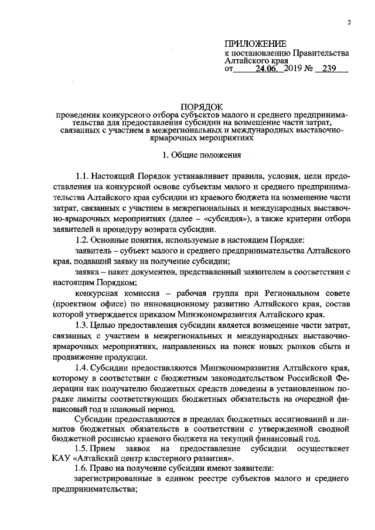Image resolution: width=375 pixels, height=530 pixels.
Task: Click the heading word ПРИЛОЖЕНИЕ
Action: [x=256, y=44]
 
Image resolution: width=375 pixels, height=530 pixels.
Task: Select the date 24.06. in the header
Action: [x=268, y=69]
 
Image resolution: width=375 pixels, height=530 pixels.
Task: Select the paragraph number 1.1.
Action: [x=84, y=176]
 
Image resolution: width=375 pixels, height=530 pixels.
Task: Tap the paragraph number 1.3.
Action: [x=84, y=325]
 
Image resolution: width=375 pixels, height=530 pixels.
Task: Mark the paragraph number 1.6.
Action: [x=84, y=470]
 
